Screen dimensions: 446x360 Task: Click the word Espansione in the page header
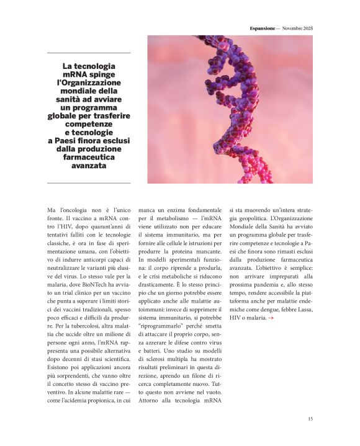click(x=262, y=28)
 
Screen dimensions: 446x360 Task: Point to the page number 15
click(x=310, y=419)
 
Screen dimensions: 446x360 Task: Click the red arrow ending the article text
click(x=271, y=318)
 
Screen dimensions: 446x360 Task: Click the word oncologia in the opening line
click(x=74, y=210)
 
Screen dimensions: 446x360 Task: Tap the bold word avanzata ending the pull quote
click(x=89, y=166)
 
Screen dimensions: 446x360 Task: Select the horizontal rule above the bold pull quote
click(x=89, y=53)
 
